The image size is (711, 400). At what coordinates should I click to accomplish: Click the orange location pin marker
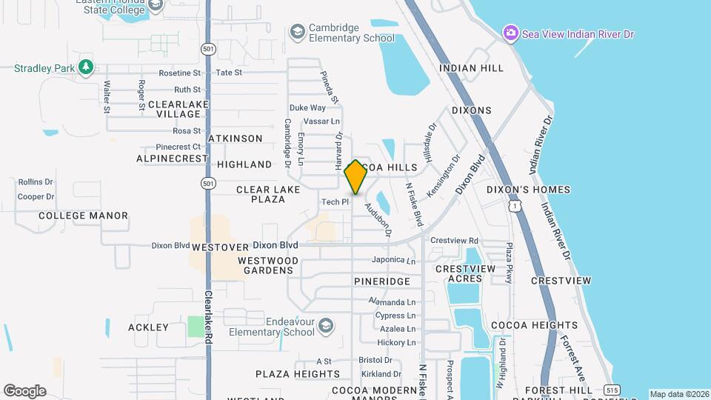click(355, 177)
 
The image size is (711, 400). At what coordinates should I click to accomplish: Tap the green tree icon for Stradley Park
click(87, 67)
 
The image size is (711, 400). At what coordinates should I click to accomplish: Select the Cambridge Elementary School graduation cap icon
click(297, 32)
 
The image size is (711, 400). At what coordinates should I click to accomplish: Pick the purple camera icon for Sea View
click(510, 33)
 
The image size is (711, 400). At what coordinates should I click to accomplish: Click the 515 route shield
click(611, 390)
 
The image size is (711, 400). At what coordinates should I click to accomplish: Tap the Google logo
click(24, 391)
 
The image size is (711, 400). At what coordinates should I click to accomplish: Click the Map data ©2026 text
click(678, 394)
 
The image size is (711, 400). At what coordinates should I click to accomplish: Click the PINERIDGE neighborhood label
click(381, 282)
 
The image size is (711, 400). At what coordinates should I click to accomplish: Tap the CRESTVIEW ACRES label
click(464, 273)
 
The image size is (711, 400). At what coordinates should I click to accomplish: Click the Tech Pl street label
click(335, 202)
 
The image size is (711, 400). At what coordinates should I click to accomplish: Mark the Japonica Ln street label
click(393, 260)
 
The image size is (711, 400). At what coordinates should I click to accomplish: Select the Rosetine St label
click(180, 73)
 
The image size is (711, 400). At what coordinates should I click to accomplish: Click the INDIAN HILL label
click(471, 68)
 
